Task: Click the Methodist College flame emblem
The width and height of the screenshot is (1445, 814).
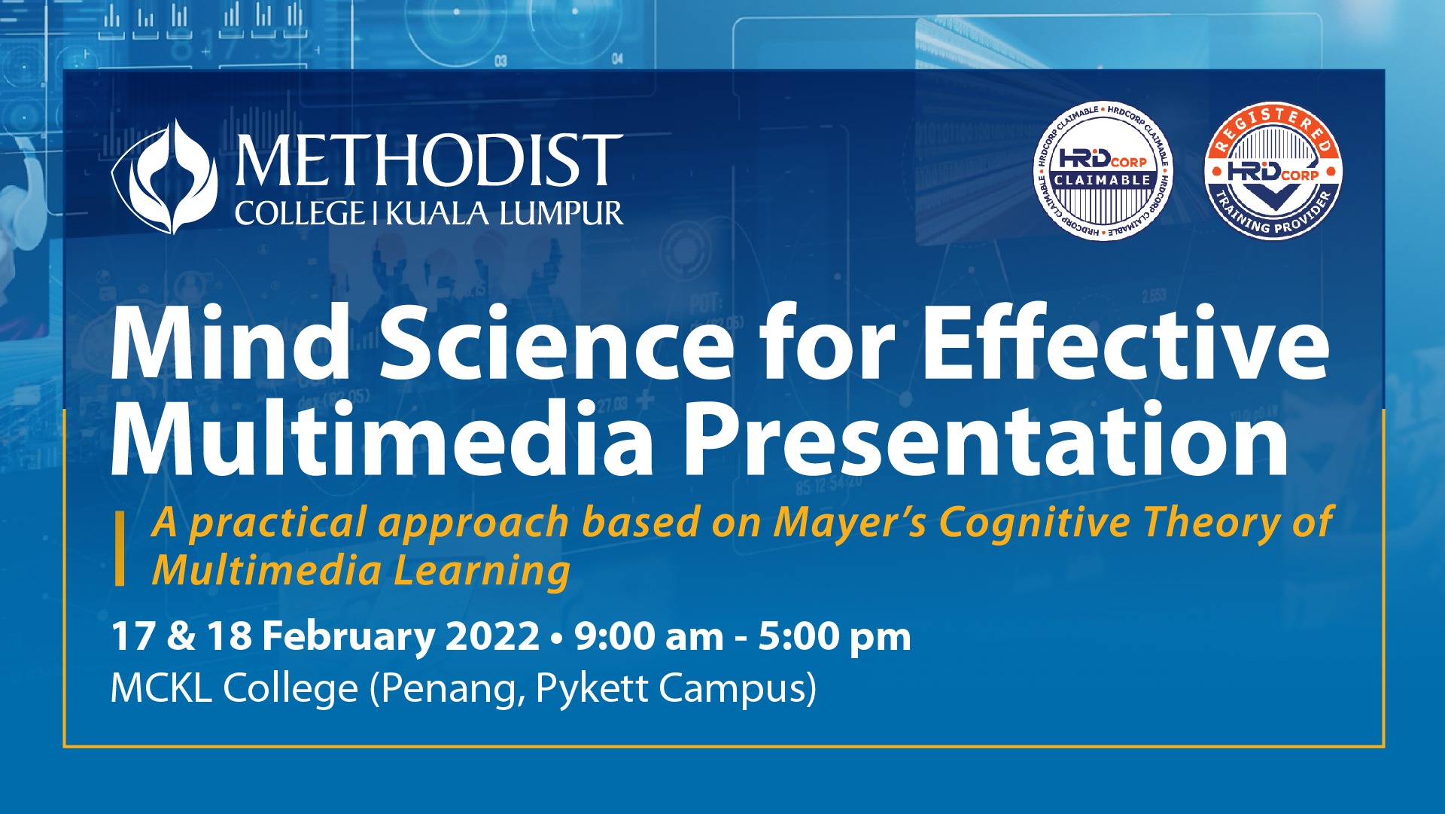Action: (165, 177)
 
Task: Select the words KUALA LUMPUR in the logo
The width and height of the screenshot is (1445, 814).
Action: (504, 214)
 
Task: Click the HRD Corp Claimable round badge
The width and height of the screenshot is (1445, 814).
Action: (1103, 172)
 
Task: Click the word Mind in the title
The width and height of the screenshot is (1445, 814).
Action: (230, 343)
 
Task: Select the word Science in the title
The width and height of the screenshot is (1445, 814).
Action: (557, 343)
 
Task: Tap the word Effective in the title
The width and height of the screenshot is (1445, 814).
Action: (1126, 343)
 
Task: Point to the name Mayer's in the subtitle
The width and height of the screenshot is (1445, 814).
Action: (850, 523)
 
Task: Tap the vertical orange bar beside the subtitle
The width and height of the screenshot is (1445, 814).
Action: (120, 548)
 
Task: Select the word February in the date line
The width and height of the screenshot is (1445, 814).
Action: (348, 637)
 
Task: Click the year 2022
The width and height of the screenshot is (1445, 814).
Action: (492, 637)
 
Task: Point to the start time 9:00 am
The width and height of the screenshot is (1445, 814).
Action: (649, 637)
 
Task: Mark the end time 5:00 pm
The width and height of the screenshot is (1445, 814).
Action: (834, 637)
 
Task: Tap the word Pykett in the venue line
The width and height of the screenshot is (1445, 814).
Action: (592, 689)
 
